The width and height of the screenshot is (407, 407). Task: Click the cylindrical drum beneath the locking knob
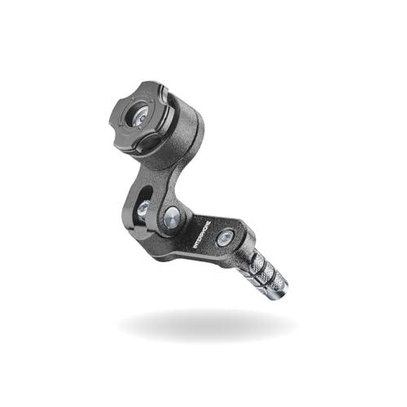[175, 147]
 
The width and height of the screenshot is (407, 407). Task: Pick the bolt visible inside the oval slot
[142, 209]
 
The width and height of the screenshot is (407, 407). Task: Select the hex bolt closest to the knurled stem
[225, 238]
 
